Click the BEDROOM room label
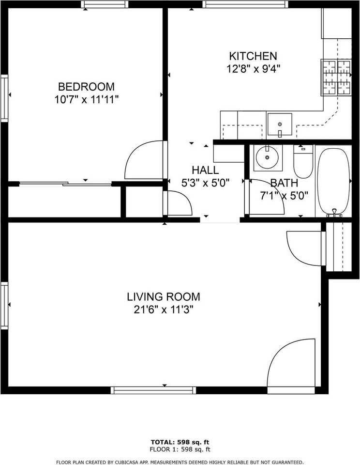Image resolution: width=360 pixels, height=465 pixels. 86,87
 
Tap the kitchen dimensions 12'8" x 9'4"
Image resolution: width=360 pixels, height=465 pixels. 254,69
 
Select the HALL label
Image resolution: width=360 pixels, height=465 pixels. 205,170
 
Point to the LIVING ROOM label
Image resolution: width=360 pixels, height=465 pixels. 164,296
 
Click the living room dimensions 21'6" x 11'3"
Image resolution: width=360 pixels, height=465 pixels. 164,310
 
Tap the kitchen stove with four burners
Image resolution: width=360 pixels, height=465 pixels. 336,77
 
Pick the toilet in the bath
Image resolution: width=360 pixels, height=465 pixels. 303,161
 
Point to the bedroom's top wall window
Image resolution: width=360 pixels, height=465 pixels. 105,4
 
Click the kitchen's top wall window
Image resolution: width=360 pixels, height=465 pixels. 245,4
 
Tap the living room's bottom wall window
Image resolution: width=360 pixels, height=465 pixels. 153,390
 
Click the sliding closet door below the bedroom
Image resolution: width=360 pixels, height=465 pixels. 65,184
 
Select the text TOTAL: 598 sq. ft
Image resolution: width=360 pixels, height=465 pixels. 180,442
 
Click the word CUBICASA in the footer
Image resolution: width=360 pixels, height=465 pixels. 123,462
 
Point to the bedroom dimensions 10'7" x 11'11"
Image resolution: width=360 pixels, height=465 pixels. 86,100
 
